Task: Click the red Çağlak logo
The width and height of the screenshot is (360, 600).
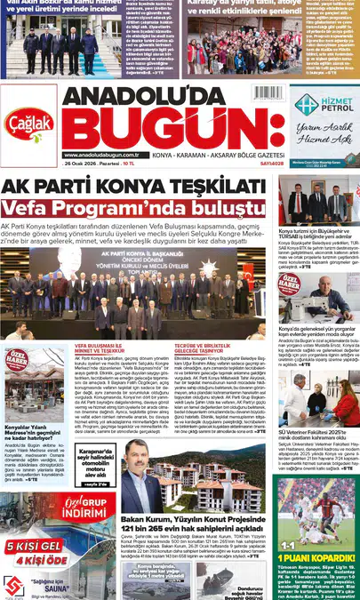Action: [28, 125]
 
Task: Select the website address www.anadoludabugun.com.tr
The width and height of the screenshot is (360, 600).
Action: [100, 155]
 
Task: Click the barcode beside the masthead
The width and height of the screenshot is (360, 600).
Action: [268, 92]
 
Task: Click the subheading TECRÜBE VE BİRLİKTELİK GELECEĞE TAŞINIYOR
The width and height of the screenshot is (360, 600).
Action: [197, 348]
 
